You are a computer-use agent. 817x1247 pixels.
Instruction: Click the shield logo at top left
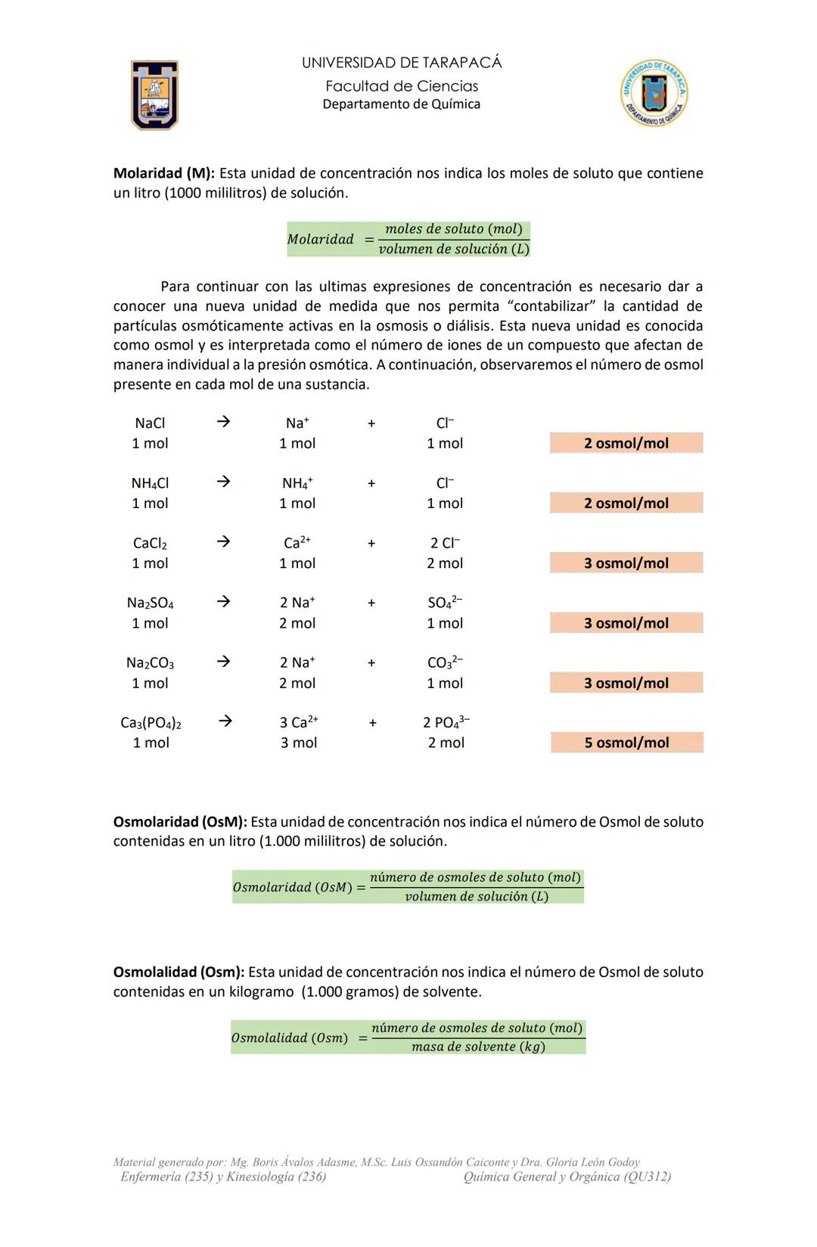pos(154,95)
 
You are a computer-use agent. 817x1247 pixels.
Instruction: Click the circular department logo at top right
pos(654,93)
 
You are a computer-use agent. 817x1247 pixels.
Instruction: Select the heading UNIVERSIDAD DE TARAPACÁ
pos(401,63)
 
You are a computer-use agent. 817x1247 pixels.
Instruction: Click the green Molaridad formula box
pos(408,239)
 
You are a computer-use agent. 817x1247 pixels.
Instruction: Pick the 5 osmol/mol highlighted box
pos(626,743)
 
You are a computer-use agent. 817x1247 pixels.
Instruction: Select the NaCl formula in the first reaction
pos(150,423)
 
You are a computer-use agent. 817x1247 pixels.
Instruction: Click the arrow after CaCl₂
pos(222,542)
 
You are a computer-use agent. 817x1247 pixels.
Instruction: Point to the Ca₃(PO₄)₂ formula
pos(151,723)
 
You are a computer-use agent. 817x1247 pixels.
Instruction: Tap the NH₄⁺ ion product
pos(297,483)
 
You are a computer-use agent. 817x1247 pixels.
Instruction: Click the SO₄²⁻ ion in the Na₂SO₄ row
pos(445,603)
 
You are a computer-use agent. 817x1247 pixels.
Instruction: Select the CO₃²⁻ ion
pos(445,662)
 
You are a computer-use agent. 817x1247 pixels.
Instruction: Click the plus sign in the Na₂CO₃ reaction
pos(371,663)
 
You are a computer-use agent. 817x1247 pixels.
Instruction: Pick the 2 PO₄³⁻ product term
pos(446,722)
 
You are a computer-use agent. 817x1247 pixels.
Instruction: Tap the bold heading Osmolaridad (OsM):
pos(180,822)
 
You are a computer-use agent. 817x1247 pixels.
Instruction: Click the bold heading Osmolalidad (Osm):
pos(179,972)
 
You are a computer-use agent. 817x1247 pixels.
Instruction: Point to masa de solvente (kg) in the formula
pos(478,1047)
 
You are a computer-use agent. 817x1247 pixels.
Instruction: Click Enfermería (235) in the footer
pos(166,1177)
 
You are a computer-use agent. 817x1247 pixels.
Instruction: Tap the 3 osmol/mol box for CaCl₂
pos(626,563)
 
